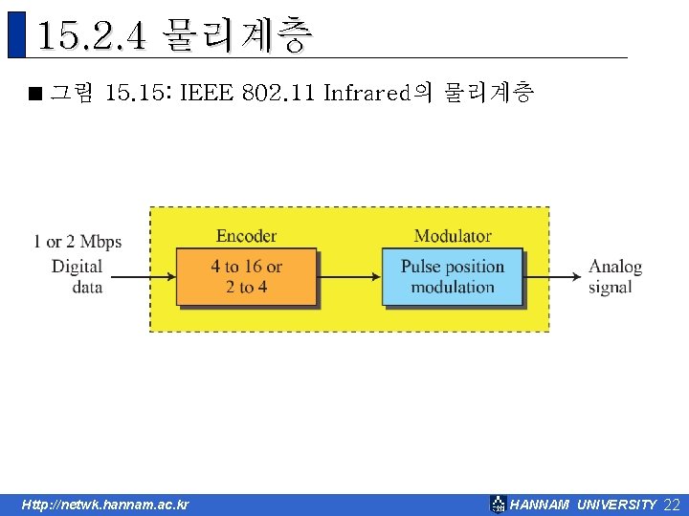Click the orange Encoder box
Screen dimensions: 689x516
click(246, 276)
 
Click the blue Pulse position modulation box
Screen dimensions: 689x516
click(453, 276)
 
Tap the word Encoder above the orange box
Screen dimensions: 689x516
click(246, 236)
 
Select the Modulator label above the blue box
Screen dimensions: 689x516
click(453, 236)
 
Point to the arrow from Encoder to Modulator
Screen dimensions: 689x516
click(349, 276)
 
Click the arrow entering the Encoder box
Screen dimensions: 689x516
click(142, 276)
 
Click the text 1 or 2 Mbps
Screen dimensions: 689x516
click(78, 242)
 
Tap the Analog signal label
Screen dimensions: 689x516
click(614, 276)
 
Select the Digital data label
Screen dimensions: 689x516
click(78, 276)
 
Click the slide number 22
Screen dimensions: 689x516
click(672, 505)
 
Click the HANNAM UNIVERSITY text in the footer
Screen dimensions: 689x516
click(584, 505)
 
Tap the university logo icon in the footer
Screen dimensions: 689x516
click(498, 505)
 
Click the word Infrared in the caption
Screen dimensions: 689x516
click(367, 93)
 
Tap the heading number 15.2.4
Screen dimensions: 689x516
click(92, 37)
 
